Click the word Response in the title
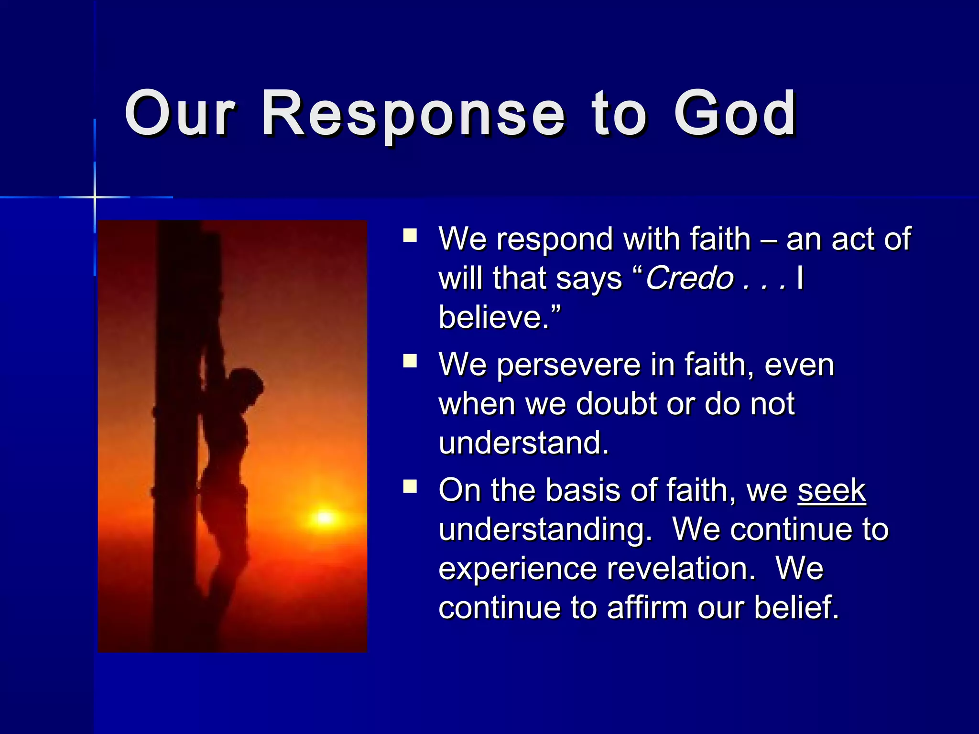[x=413, y=115]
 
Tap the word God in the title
[x=735, y=115]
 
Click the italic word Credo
[x=689, y=278]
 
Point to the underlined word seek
[x=831, y=490]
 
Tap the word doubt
[x=616, y=404]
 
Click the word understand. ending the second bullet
[x=523, y=443]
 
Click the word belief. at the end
[x=796, y=607]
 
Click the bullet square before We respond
[x=410, y=236]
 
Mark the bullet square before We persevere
[x=410, y=361]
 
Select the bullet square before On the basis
[x=410, y=486]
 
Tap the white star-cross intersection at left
[x=95, y=197]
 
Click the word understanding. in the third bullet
[x=545, y=530]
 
